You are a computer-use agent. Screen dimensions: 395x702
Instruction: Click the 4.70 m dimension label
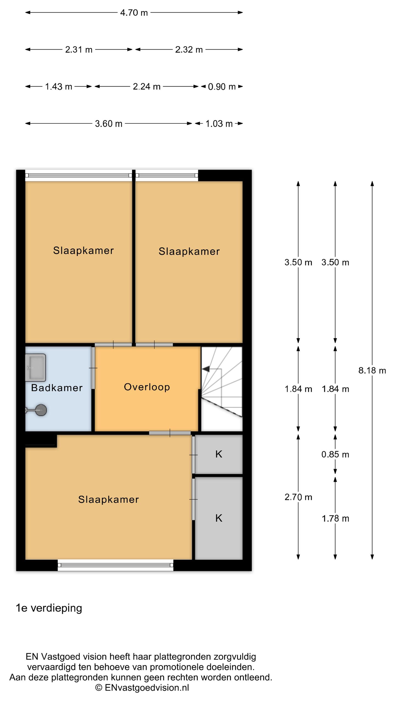pos(134,13)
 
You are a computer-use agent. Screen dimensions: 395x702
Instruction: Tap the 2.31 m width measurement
pos(79,50)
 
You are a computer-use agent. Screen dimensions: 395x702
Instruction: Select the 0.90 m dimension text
pos(222,87)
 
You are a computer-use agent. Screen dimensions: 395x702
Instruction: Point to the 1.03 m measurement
pos(219,124)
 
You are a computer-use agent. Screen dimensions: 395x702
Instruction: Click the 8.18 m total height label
pos(372,370)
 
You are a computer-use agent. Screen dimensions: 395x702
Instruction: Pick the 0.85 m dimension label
pos(335,454)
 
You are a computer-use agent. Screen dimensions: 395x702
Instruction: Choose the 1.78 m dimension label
pos(335,519)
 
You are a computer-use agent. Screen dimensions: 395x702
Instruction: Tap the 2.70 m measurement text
pos(298,497)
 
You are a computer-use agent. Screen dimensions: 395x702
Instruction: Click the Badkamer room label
pos(57,388)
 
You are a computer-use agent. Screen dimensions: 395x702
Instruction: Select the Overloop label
pos(147,387)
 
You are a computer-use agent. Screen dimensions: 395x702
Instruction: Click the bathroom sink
pos(35,367)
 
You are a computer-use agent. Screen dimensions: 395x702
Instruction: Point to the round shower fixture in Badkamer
pos(41,410)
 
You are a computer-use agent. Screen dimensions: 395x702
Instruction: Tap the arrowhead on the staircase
pos(206,369)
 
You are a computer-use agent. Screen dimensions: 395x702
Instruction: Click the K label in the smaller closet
pos(219,454)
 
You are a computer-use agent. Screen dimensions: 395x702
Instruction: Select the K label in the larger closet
pos(219,518)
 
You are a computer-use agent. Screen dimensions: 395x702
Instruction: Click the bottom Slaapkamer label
pos(108,499)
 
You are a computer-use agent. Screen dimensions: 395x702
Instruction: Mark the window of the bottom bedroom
pos(115,565)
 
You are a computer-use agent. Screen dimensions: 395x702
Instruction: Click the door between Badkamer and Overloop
pos(93,368)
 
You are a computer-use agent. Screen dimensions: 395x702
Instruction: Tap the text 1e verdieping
pos(49,608)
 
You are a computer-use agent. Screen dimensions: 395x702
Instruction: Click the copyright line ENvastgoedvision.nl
pos(142,687)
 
